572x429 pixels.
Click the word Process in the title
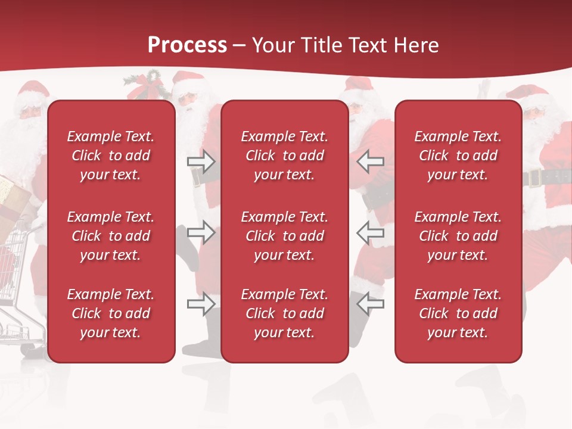[x=187, y=45]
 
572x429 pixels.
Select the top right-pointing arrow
[x=201, y=161]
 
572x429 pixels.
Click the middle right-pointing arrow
[x=201, y=232]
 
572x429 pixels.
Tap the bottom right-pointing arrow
[x=201, y=304]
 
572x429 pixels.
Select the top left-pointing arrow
[x=370, y=161]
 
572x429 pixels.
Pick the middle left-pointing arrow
[x=370, y=232]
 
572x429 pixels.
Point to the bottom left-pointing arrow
[x=370, y=304]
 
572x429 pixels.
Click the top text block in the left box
[x=111, y=156]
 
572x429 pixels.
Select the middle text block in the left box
[x=111, y=236]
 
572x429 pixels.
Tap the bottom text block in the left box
[x=111, y=313]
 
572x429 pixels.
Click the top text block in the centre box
[x=285, y=156]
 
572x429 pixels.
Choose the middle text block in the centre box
[x=285, y=236]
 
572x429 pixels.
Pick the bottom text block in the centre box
[x=285, y=313]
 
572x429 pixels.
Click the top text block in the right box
[x=458, y=156]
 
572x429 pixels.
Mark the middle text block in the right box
[x=458, y=236]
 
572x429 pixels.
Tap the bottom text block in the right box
[x=458, y=313]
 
